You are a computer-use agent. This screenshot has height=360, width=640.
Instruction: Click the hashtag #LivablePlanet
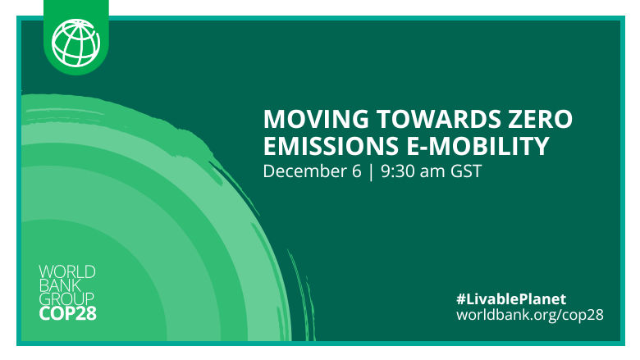tap(511, 298)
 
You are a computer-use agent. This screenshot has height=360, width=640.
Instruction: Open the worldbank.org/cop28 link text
tap(530, 315)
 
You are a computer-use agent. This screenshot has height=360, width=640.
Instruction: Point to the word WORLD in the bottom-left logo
tap(67, 271)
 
